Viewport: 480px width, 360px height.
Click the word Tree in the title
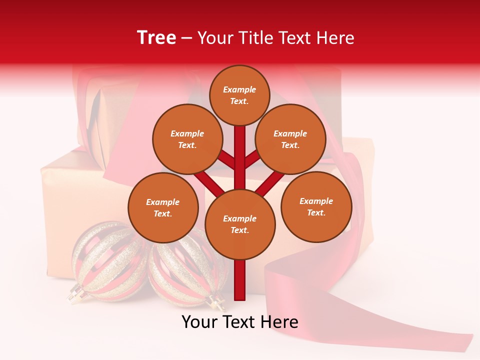click(156, 37)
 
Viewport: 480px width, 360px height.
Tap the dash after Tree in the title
click(187, 38)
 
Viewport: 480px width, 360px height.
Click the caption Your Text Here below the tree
click(240, 322)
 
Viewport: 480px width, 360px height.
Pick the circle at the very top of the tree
click(239, 95)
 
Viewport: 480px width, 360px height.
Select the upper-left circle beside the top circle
click(187, 139)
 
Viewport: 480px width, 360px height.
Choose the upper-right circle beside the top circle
click(290, 139)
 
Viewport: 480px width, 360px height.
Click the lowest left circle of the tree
click(163, 207)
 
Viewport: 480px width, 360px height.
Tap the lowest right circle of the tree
click(316, 206)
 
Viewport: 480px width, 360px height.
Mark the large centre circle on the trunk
click(240, 224)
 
